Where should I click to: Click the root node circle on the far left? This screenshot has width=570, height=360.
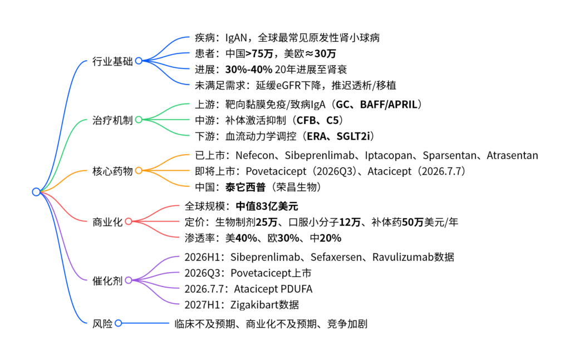[x=36, y=192]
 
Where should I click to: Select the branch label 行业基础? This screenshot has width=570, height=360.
[x=112, y=61]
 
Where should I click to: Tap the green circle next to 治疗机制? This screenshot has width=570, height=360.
[x=139, y=120]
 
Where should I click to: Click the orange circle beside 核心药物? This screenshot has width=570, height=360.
[x=139, y=171]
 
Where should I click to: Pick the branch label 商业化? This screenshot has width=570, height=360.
[x=108, y=222]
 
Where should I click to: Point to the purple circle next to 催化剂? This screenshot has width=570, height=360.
[x=129, y=280]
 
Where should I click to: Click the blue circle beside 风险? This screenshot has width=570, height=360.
[x=118, y=323]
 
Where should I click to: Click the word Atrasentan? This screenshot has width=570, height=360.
[x=512, y=156]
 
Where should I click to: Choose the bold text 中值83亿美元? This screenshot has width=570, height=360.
[x=267, y=206]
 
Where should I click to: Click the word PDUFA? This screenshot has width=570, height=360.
[x=295, y=289]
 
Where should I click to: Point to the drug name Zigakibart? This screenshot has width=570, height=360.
[x=254, y=304]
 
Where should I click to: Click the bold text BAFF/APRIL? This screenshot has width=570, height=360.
[x=390, y=105]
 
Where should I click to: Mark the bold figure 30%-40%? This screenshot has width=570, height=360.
[x=249, y=70]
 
